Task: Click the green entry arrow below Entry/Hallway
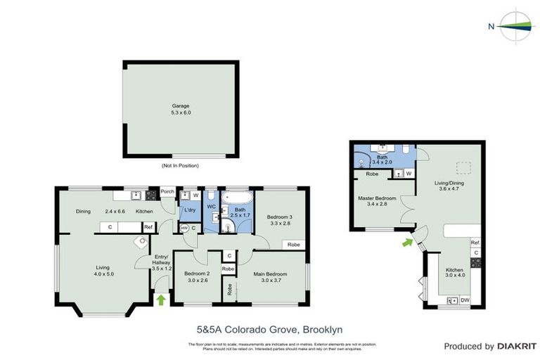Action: tap(161, 300)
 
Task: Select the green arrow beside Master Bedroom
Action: tap(406, 243)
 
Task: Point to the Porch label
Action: tap(167, 191)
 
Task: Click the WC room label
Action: tap(211, 207)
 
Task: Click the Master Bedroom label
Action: tap(377, 201)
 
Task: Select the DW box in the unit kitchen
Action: tap(465, 300)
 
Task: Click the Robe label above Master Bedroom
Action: tap(372, 173)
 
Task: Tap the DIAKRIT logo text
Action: tap(517, 346)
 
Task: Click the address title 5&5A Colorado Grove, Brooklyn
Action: tap(269, 328)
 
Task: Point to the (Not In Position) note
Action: tap(180, 166)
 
